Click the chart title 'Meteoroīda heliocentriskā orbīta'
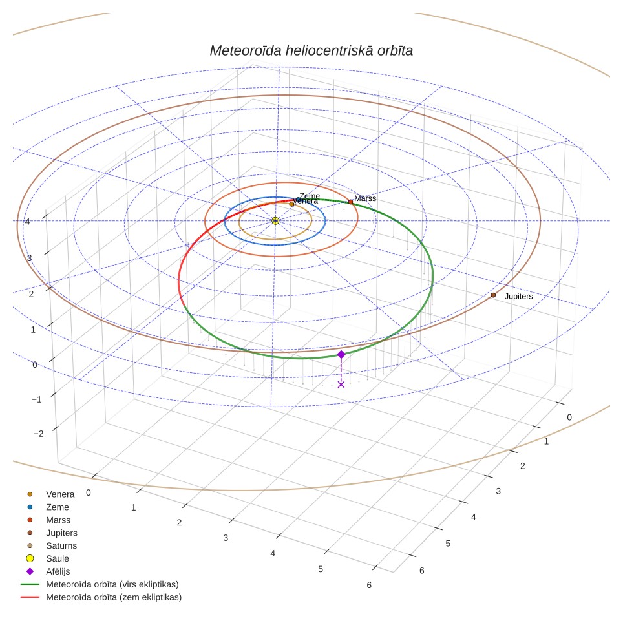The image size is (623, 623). click(311, 50)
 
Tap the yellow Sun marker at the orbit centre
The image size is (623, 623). click(275, 221)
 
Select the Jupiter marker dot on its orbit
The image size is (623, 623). click(493, 295)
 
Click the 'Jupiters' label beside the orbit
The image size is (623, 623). click(518, 297)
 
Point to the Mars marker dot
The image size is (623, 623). click(350, 202)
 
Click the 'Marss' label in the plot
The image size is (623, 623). click(364, 198)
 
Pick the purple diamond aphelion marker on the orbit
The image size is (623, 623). click(341, 354)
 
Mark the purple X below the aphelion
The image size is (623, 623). click(341, 385)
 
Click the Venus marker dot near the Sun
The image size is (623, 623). click(291, 204)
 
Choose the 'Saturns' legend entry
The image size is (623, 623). click(52, 545)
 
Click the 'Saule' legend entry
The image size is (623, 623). click(47, 558)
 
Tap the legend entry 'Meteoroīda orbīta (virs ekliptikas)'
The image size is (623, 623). click(100, 584)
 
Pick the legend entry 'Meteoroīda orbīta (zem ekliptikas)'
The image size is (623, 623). click(101, 597)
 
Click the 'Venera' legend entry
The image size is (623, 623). click(50, 494)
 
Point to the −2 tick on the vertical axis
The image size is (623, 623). click(39, 434)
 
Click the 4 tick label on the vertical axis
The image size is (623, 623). click(28, 221)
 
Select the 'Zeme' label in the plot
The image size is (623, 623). click(310, 196)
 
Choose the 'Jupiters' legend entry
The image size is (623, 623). click(52, 533)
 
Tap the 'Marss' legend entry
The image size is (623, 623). click(48, 520)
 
